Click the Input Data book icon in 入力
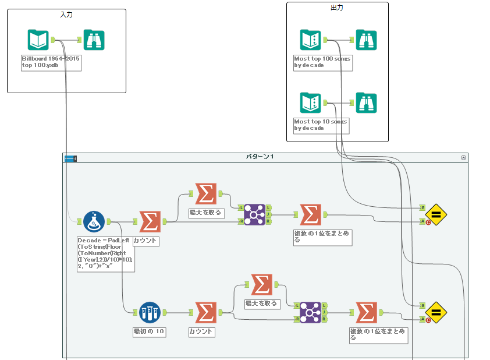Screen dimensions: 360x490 [38, 40]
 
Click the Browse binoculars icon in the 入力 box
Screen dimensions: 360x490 [94, 40]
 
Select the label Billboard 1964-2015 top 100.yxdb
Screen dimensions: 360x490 [51, 62]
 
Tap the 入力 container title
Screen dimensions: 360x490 [66, 13]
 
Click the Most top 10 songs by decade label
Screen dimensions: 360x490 [321, 125]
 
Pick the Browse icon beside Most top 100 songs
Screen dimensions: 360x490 [366, 40]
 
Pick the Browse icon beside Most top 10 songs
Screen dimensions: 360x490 [366, 103]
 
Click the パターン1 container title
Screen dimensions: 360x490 [260, 157]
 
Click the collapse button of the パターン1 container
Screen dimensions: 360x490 [463, 157]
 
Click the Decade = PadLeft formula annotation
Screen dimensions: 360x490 [105, 254]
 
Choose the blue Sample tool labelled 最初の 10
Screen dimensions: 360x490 [150, 312]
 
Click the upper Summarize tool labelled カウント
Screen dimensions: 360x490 [150, 221]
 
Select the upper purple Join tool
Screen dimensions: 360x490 [254, 214]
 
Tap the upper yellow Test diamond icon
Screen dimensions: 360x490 [436, 214]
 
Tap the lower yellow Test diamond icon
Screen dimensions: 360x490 [436, 312]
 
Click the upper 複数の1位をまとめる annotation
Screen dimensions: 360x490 [322, 236]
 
